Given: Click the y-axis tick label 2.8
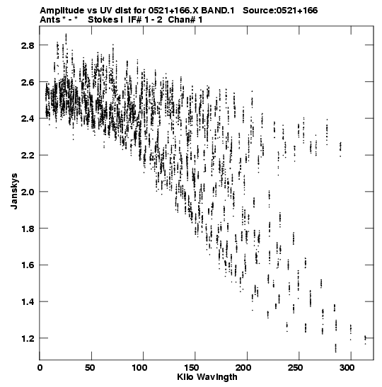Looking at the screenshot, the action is pos(28,45).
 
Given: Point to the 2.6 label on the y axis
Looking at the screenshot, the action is pos(28,82).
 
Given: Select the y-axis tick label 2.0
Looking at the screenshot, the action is pos(28,192).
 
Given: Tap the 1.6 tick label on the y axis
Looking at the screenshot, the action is pos(28,265).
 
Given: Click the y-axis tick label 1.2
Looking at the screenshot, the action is pos(28,338).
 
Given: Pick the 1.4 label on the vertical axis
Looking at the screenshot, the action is pos(28,301).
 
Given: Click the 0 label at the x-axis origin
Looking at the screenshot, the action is pos(40,368).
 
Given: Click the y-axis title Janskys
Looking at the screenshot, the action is pos(14,191).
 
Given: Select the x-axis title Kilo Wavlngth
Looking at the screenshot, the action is pos(207,377).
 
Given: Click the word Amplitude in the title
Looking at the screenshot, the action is pos(62,11).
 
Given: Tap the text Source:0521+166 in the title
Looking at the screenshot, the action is pos(280,11).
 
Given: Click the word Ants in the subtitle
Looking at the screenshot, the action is pos(50,20).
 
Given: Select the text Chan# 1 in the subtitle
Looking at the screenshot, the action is pos(185,20).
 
